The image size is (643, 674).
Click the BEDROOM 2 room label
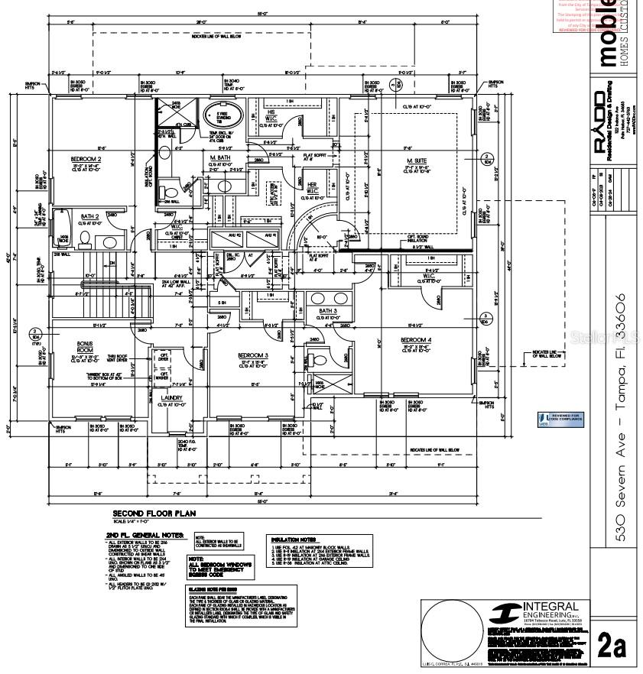[x=86, y=159]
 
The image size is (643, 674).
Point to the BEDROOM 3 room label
[x=252, y=356]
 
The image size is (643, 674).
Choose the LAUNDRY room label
[x=171, y=397]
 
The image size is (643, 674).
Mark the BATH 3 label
[x=327, y=311]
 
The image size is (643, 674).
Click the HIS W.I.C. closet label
[x=271, y=114]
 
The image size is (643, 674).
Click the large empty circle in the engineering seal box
[x=451, y=631]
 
